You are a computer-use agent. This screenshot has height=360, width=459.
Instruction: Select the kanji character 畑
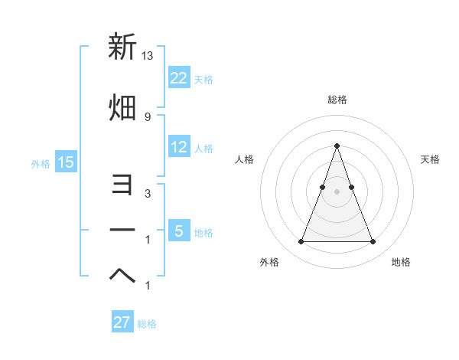[x=122, y=107]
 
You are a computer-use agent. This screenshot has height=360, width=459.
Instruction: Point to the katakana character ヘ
[x=122, y=277]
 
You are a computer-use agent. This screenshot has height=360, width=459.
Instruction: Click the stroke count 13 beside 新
[x=148, y=55]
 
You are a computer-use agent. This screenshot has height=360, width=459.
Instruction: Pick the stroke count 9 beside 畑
[x=148, y=116]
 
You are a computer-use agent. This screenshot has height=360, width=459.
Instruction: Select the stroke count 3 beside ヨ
[x=148, y=194]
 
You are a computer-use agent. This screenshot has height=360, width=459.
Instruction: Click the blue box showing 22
[x=179, y=78]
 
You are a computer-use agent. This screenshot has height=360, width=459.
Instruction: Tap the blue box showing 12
[x=179, y=148]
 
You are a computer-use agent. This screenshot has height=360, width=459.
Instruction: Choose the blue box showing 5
[x=179, y=231]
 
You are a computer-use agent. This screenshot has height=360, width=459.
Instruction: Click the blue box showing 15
[x=66, y=162]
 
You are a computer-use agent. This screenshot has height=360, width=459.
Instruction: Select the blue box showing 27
[x=122, y=322]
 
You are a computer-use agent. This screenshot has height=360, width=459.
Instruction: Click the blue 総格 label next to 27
[x=147, y=324]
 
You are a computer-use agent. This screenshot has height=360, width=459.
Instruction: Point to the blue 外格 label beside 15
[x=41, y=163]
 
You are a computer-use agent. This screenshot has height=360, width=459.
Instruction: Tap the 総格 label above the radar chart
[x=337, y=100]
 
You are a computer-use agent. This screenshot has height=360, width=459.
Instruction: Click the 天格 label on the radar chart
[x=430, y=159]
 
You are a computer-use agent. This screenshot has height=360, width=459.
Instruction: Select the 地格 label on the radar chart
[x=401, y=262]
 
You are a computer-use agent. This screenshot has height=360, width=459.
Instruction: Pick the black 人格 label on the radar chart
[x=244, y=159]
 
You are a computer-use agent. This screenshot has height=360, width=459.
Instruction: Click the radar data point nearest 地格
[x=373, y=242]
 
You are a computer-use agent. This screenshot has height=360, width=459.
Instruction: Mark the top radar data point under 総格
[x=337, y=146]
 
